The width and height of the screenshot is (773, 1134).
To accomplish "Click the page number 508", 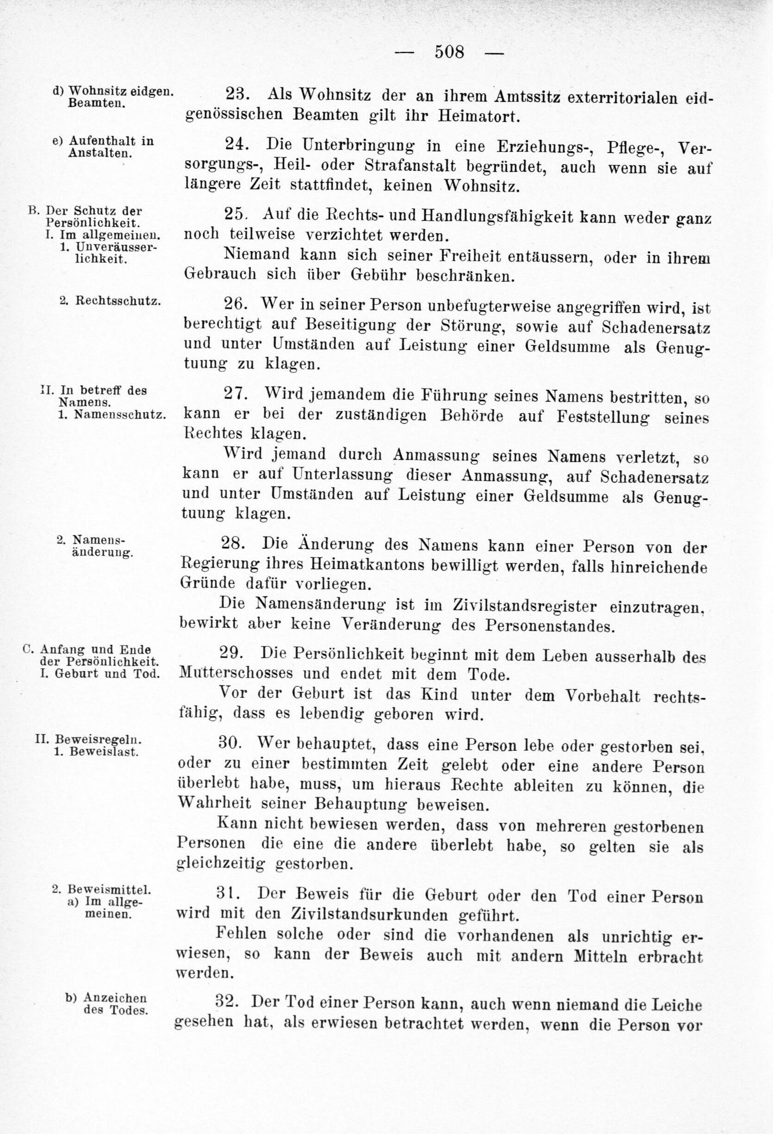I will tap(449, 52).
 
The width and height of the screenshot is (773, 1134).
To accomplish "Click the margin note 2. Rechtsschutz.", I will tap(110, 301).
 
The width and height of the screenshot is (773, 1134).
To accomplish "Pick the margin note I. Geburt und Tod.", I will tap(100, 674).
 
